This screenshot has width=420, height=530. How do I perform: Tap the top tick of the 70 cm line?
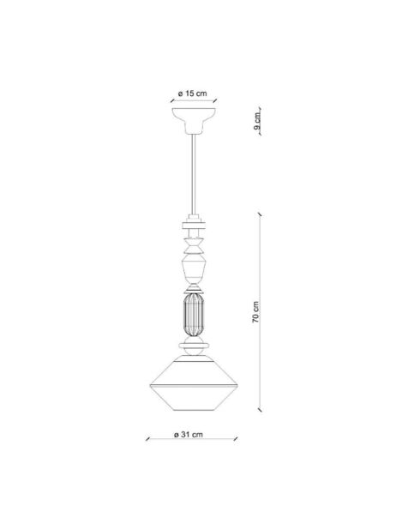(262, 214)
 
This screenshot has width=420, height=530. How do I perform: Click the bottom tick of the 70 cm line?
(262, 411)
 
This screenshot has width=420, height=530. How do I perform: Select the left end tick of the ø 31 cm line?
(147, 443)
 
